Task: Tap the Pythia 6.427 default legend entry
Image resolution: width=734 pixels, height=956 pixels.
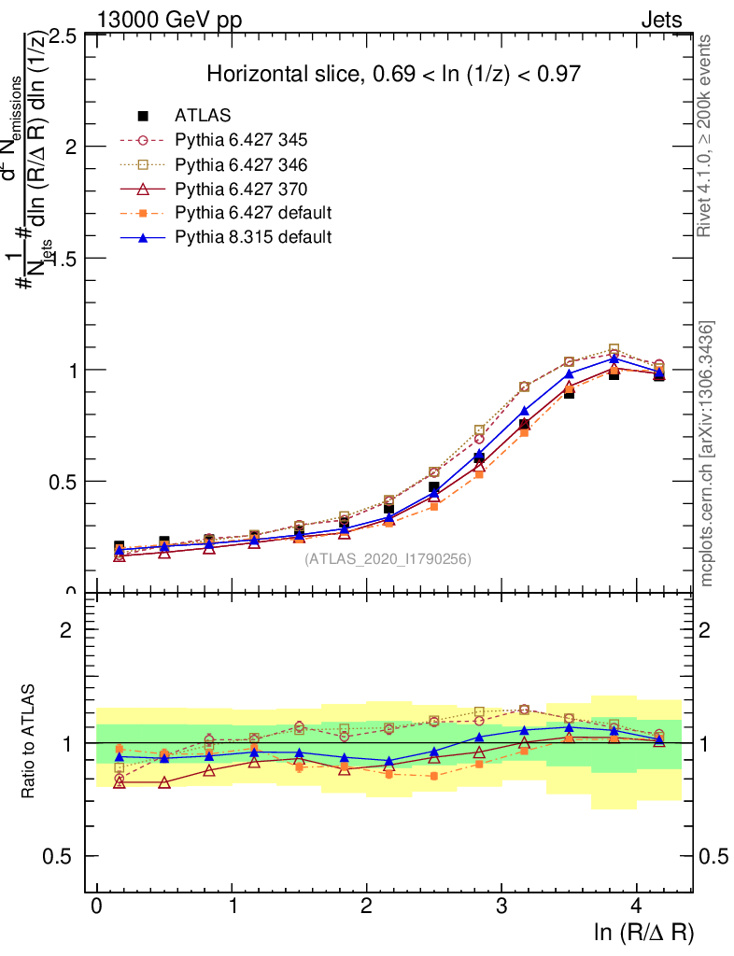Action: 253,213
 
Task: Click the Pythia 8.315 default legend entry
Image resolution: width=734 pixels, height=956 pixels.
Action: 253,237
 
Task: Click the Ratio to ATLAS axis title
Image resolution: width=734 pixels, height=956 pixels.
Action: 29,743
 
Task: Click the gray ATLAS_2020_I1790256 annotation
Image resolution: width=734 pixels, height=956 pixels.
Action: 388,559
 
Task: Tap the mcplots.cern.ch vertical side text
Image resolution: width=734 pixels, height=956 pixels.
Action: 708,454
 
